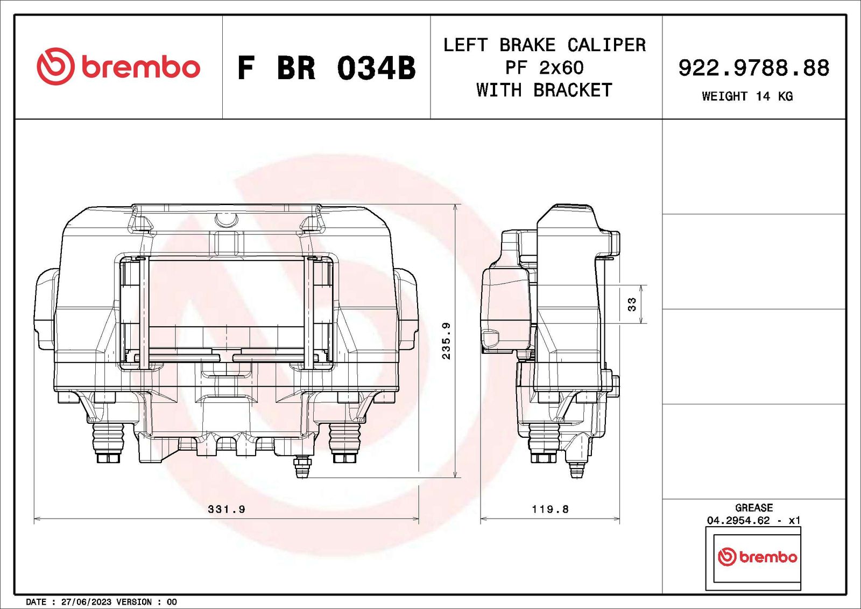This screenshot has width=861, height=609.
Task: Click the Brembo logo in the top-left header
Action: point(118,67)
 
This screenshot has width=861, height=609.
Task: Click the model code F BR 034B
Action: point(327,68)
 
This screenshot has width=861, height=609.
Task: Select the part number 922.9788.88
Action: point(753,68)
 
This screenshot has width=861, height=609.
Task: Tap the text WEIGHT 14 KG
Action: point(747,96)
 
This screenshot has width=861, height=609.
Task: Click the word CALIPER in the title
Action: point(606,45)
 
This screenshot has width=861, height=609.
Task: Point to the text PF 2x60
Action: point(544,68)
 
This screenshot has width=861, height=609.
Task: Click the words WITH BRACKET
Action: point(544,90)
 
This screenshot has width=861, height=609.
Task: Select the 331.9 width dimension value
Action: point(227,509)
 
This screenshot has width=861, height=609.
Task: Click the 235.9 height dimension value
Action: point(446,341)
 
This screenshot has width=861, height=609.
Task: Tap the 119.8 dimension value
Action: point(550,509)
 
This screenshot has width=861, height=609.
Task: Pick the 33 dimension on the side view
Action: point(632,304)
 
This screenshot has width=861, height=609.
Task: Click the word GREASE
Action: point(753,508)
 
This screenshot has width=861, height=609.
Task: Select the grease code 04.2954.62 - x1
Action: point(753,520)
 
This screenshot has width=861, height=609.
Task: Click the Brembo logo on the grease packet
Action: point(757,557)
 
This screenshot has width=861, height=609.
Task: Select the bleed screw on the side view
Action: point(577,468)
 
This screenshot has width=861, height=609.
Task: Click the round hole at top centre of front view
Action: point(226,219)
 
